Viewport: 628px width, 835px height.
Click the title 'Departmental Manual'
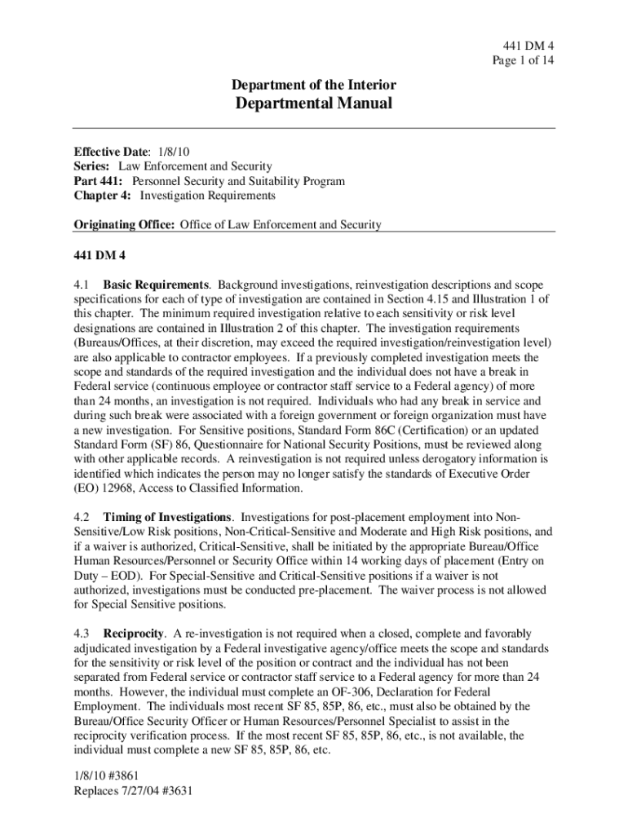click(314, 104)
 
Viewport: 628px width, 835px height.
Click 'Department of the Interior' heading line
click(314, 85)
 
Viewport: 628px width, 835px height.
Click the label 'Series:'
click(90, 166)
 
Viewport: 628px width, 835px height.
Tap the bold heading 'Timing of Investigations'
click(167, 518)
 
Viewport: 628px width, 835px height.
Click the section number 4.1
click(81, 285)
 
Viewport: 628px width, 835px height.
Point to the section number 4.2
click(81, 518)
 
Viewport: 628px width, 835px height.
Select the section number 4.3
click(81, 634)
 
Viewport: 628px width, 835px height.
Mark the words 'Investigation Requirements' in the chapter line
click(208, 196)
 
